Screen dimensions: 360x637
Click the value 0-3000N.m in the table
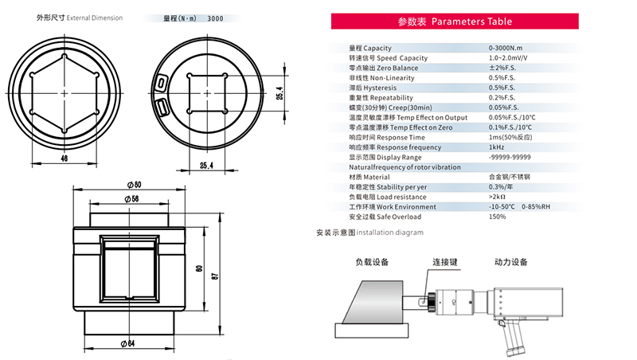click(x=508, y=49)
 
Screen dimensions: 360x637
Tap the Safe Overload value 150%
click(x=498, y=217)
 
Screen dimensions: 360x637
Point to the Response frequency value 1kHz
click(x=496, y=147)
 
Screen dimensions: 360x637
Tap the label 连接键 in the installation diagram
click(x=444, y=261)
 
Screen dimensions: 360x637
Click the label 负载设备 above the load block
click(x=371, y=261)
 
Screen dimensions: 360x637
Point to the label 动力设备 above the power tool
click(x=510, y=261)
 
